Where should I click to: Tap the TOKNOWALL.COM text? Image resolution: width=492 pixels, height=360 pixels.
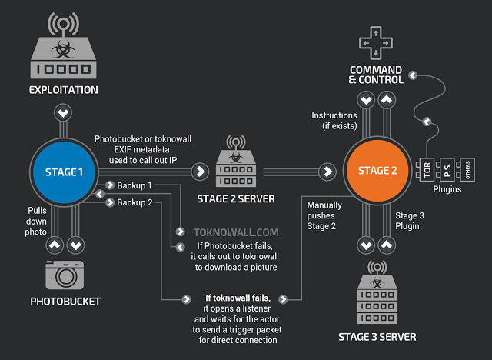(224, 230)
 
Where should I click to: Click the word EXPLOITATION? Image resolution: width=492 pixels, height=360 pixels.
(64, 90)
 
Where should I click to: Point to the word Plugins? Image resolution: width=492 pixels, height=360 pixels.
(447, 189)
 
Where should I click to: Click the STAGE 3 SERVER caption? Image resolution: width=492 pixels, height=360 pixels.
(377, 337)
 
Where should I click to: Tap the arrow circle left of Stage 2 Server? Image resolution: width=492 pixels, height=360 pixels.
(201, 171)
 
